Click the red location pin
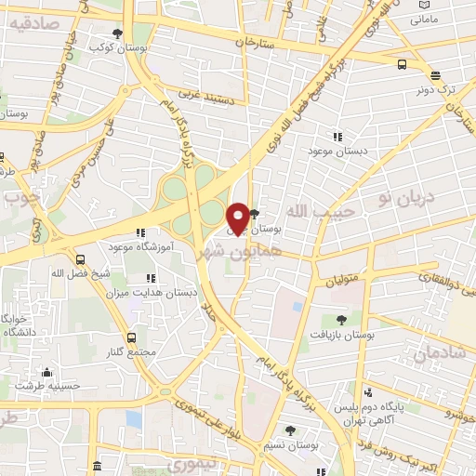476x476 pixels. click(238, 218)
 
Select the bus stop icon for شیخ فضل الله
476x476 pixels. click(81, 259)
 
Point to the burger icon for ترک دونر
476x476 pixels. click(435, 76)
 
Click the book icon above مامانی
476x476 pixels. click(421, 6)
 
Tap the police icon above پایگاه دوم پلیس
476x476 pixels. click(370, 391)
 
